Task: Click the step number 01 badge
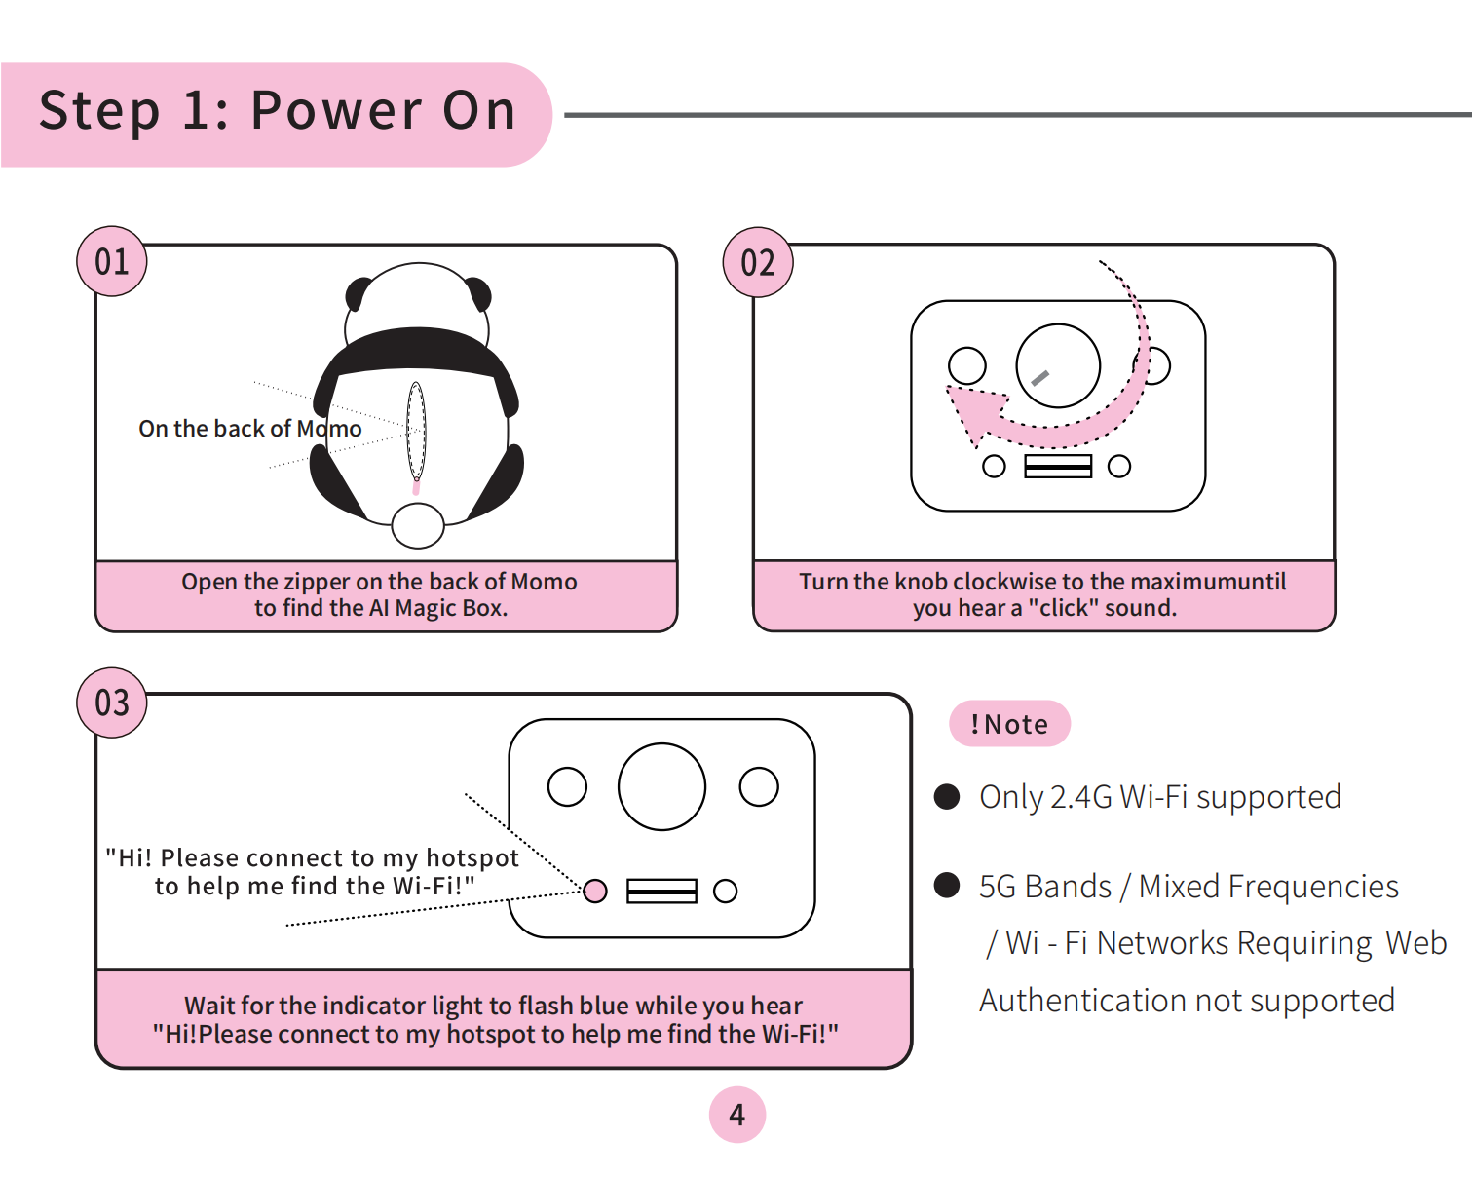[112, 261]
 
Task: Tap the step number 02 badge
[758, 262]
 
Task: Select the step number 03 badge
[112, 703]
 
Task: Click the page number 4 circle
[737, 1115]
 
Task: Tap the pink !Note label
[1009, 724]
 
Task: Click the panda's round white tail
[418, 525]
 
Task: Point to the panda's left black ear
[358, 293]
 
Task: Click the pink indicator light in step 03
[595, 891]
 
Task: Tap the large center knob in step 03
[661, 787]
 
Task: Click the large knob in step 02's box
[1058, 365]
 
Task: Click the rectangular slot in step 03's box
[661, 891]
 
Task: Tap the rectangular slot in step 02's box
[1058, 467]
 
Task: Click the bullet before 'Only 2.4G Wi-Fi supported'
[947, 797]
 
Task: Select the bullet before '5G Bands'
[947, 886]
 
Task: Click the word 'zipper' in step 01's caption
[318, 582]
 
